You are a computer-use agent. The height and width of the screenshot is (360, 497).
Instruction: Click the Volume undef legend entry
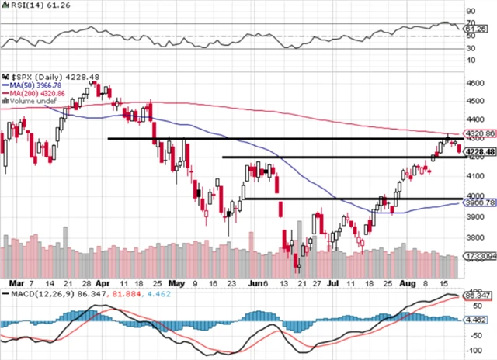(32, 100)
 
